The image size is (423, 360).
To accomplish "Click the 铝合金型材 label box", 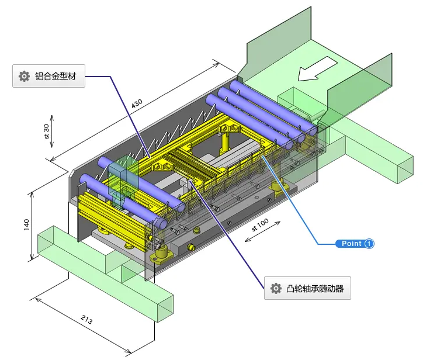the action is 49,76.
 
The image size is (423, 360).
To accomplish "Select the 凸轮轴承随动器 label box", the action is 307,288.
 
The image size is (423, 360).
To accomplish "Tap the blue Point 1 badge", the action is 355,244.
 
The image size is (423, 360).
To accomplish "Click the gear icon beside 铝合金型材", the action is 24,76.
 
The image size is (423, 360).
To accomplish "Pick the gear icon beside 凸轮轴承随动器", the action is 276,289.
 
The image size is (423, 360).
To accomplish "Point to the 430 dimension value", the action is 137,103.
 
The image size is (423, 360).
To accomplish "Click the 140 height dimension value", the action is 26,224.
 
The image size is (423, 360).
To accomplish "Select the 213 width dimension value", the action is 86,320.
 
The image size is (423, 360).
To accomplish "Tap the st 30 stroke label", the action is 46,131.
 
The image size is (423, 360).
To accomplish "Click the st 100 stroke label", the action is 260,225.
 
